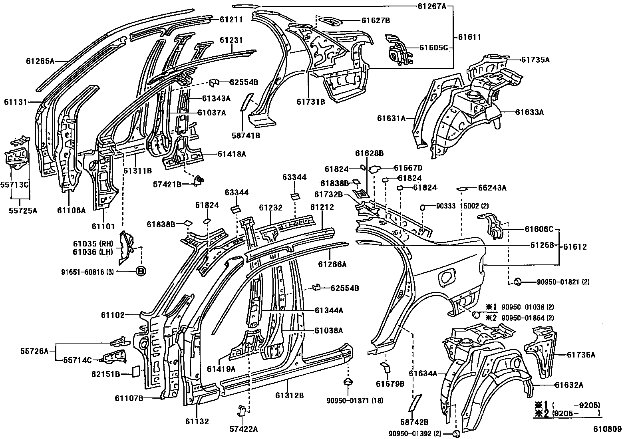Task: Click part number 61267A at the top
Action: pyautogui.click(x=432, y=6)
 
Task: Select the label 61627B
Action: pyautogui.click(x=376, y=20)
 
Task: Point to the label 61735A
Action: pyautogui.click(x=535, y=60)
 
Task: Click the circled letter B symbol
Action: pyautogui.click(x=141, y=272)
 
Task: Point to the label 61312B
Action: pyautogui.click(x=289, y=395)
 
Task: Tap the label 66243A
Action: pyautogui.click(x=492, y=188)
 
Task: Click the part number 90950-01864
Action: pyautogui.click(x=527, y=318)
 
